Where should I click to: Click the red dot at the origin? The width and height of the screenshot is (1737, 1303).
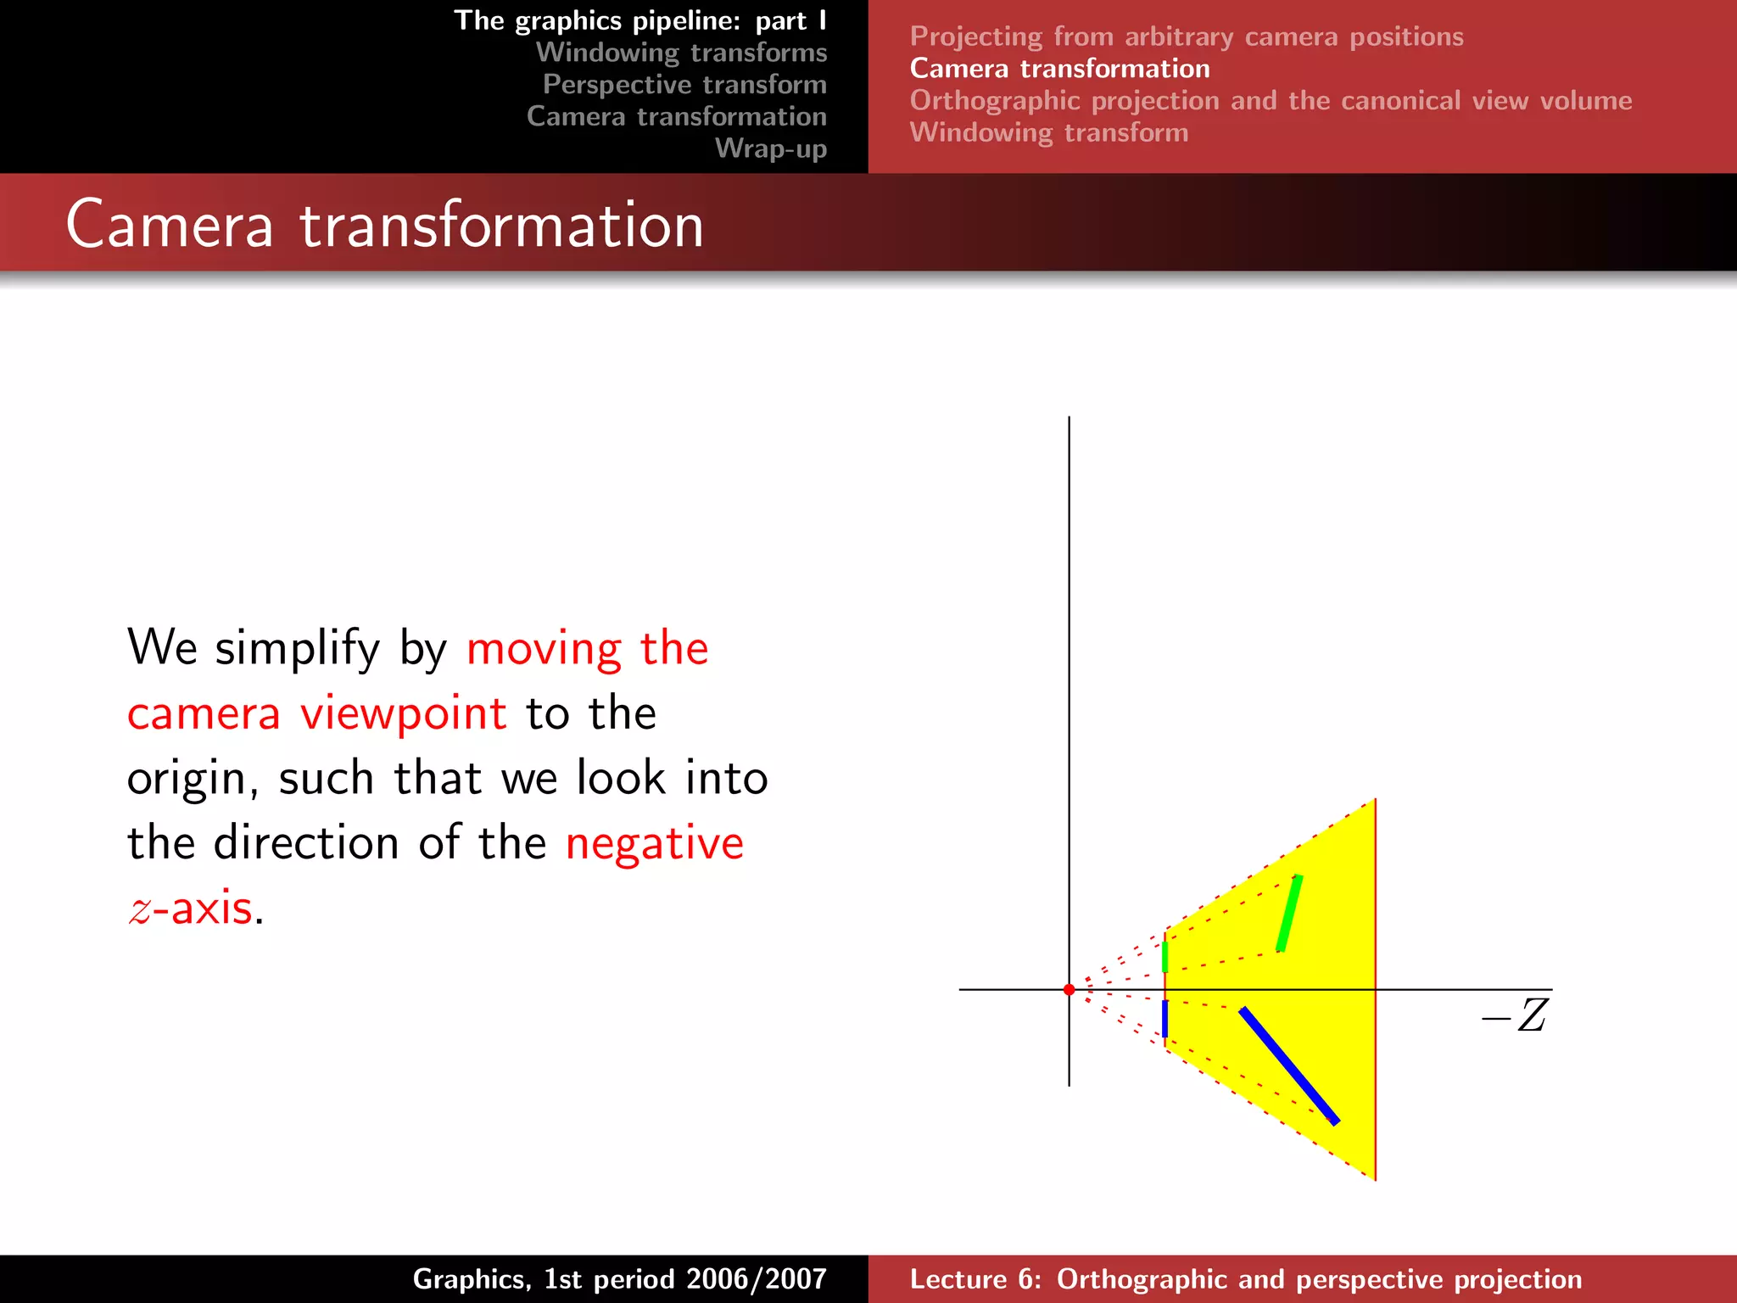pos(1069,989)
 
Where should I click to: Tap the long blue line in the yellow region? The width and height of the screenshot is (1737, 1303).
pos(1288,1065)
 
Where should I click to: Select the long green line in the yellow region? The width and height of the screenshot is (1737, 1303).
pos(1289,913)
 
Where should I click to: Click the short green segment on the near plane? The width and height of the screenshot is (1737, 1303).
pos(1165,956)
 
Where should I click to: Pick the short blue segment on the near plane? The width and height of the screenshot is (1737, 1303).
pos(1165,1019)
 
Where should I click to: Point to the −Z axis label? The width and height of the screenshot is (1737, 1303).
pos(1516,1016)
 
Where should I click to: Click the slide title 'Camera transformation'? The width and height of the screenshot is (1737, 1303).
pos(384,225)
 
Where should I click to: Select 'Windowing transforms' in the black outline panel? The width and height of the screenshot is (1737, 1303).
pos(681,53)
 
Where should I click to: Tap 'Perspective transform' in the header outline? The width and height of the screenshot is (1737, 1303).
pos(684,85)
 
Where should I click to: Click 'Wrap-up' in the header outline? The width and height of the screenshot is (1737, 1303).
pos(770,148)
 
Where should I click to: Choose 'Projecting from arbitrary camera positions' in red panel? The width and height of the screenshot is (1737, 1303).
pos(1186,37)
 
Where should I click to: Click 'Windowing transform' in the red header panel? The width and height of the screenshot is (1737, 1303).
pos(1048,133)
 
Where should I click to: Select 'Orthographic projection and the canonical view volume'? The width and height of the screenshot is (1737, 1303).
pos(1270,101)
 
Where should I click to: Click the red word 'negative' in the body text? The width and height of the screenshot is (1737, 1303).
pos(654,843)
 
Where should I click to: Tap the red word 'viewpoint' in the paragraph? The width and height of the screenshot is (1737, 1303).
pos(403,713)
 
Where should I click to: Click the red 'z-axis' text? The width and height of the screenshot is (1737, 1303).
pos(191,909)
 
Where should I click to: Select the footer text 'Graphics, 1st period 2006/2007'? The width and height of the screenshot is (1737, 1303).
pos(619,1279)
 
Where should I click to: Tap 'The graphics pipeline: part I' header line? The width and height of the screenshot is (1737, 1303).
pos(640,20)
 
